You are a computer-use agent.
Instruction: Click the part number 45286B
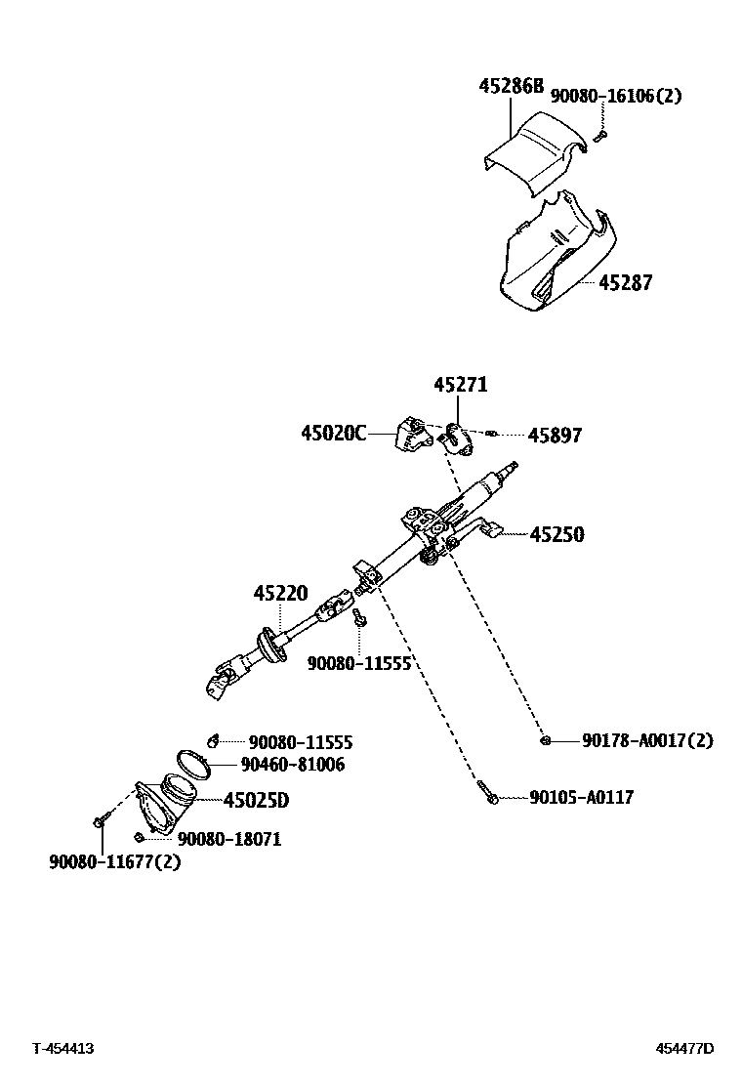511,87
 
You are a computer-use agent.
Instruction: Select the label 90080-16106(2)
616,96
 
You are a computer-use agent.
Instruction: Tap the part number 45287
625,282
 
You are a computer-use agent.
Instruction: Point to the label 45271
461,386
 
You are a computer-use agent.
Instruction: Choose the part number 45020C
334,433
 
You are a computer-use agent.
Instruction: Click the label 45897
555,436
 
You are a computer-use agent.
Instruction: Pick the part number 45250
556,534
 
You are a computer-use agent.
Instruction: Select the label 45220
280,593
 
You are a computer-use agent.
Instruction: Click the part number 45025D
257,800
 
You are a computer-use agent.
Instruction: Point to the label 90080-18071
228,838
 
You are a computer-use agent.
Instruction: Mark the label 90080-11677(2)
115,861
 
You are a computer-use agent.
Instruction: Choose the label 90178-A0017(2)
647,741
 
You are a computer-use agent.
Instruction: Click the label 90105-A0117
581,798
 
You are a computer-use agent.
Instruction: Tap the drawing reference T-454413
62,1049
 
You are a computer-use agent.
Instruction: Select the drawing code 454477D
684,1049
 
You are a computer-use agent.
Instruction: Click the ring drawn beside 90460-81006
192,763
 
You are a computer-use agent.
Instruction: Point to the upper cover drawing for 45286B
535,146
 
